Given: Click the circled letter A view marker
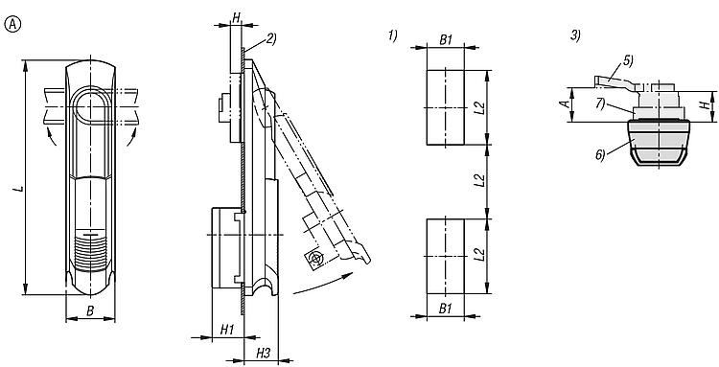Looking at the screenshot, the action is tap(12, 25).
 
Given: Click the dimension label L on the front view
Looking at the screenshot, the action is tap(19, 188).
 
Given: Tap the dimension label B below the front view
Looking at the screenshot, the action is tap(90, 311).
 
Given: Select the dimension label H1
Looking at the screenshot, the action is tap(227, 329).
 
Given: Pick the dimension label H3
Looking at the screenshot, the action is tap(264, 353).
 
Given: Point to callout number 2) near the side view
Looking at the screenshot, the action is tap(271, 39).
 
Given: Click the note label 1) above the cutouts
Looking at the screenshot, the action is tap(393, 35).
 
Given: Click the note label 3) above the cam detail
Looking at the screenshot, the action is tap(575, 35).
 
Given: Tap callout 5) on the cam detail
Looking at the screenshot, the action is tap(628, 61).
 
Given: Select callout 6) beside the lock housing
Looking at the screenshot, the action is tap(601, 155).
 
